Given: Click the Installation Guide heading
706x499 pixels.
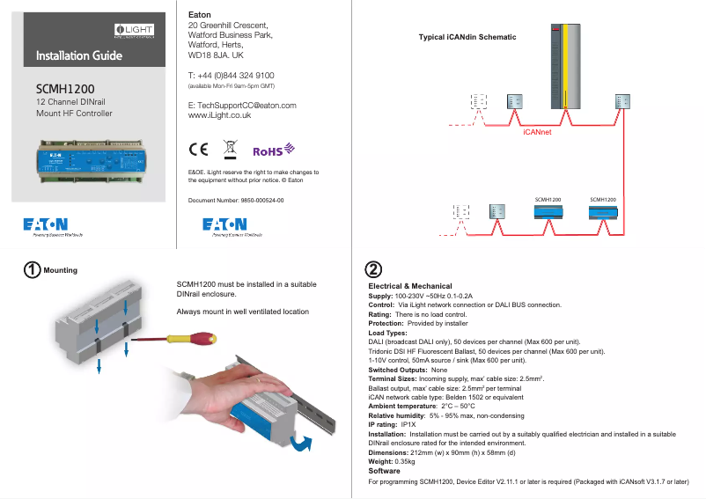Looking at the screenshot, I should (78, 56).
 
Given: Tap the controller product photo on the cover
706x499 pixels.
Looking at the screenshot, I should (88, 160).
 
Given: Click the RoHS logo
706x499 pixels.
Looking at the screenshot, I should (273, 150).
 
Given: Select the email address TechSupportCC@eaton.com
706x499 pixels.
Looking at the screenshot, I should (242, 106).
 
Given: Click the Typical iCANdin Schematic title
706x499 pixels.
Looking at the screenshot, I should (467, 37).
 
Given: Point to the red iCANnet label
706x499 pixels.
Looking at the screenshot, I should (537, 131).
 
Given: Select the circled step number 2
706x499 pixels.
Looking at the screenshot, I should (373, 268).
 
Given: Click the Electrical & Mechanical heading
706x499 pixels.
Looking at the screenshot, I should (409, 286).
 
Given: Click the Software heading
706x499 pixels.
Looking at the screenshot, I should (384, 472).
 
